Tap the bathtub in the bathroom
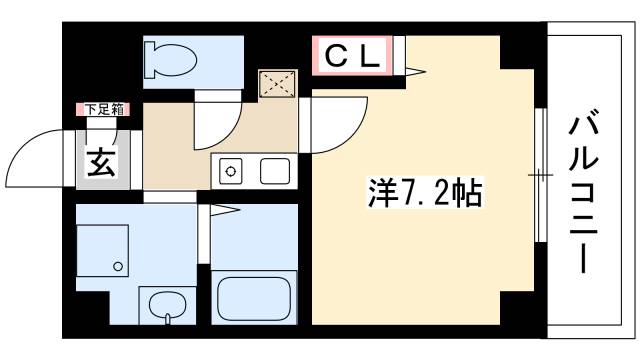tap(253, 297)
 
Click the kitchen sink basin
tap(275, 172)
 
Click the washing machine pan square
tap(104, 250)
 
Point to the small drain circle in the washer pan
tap(118, 266)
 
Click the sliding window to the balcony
tap(540, 175)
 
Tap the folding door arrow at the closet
tap(414, 70)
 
